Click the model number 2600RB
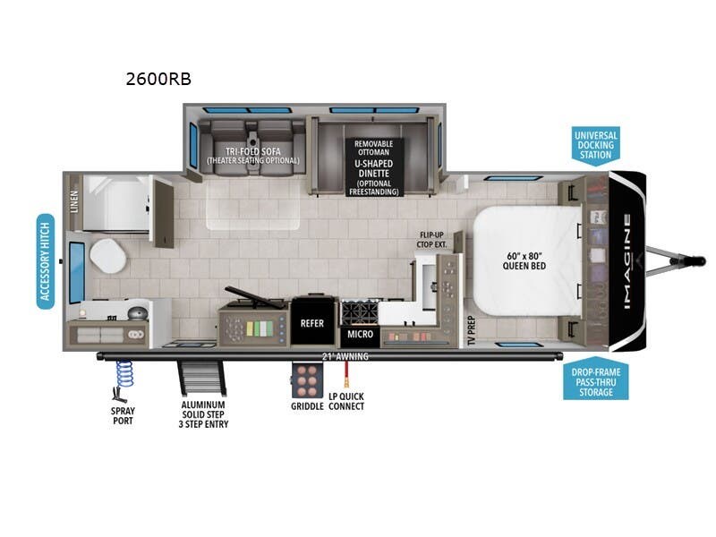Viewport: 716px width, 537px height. [x=158, y=79]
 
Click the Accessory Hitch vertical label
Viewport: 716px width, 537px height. [x=46, y=260]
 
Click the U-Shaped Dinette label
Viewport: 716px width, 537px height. [x=374, y=166]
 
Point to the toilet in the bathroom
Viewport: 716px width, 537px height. [x=108, y=259]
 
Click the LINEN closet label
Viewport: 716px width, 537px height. [x=74, y=202]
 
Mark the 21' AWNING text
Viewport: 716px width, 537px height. [x=345, y=356]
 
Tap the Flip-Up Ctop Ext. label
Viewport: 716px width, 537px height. [x=433, y=240]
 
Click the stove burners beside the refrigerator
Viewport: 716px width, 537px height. [x=357, y=313]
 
